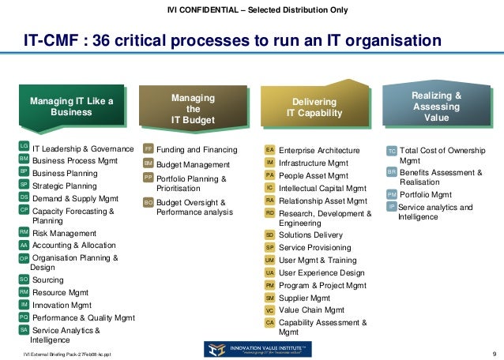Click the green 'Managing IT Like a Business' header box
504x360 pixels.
click(71, 107)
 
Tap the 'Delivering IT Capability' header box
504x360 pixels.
click(314, 108)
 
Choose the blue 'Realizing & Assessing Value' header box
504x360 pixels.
click(435, 107)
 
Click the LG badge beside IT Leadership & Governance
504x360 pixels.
click(24, 147)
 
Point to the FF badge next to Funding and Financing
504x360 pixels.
click(148, 149)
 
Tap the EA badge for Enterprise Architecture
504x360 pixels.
click(269, 149)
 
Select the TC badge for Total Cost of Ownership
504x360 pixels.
click(392, 150)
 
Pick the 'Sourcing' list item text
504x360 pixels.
click(48, 279)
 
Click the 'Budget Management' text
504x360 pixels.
click(193, 165)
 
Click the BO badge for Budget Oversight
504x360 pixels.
click(148, 203)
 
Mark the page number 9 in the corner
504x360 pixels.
click(493, 352)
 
